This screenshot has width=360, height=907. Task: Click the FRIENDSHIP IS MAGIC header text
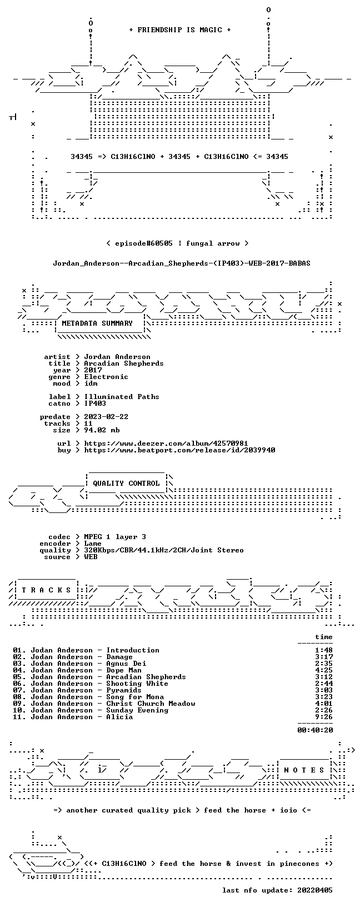tap(180, 30)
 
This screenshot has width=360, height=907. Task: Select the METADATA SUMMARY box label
tap(97, 323)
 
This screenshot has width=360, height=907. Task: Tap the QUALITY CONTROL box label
tap(126, 483)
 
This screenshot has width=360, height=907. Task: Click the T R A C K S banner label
tap(47, 590)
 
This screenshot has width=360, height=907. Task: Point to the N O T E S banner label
tap(304, 770)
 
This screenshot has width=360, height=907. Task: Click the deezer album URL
tap(166, 443)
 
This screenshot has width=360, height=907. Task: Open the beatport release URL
tap(180, 450)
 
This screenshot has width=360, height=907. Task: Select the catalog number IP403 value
tap(95, 403)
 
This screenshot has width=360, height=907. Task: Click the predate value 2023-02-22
tap(106, 417)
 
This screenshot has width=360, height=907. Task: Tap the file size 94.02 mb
tap(102, 430)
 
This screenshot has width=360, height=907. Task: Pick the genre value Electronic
tap(106, 377)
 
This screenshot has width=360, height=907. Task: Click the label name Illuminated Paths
tap(122, 397)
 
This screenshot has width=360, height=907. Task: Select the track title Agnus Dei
tap(126, 664)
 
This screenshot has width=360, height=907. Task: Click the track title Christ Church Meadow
tap(151, 704)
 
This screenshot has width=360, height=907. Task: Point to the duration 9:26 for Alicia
tap(323, 717)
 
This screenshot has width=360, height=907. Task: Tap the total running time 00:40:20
tap(315, 730)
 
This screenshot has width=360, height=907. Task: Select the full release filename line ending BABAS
tap(182, 263)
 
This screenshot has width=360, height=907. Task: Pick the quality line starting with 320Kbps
tap(164, 550)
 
